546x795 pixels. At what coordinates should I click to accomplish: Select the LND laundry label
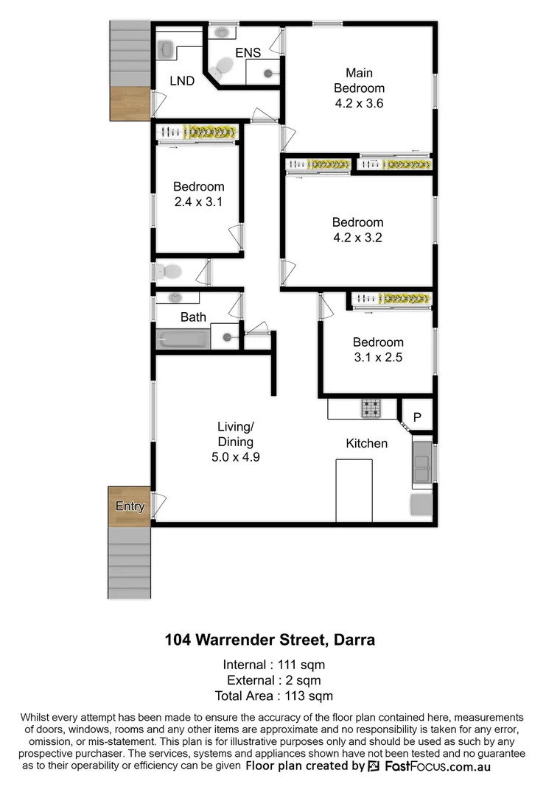(181, 81)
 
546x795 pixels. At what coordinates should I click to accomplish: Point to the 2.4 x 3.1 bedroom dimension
(198, 202)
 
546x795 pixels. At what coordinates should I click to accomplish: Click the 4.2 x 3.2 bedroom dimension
(357, 238)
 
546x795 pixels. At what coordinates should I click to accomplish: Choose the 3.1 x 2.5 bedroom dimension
(377, 358)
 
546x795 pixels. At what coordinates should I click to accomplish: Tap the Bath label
(193, 317)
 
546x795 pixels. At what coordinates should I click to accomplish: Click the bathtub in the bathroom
(183, 339)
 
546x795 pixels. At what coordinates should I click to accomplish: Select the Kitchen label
(366, 443)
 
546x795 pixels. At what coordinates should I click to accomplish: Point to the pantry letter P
(417, 417)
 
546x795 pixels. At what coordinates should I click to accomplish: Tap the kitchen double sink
(422, 463)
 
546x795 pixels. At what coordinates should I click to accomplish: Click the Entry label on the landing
(130, 506)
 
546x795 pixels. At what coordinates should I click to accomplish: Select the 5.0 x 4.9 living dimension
(235, 456)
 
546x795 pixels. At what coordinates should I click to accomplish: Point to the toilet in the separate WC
(169, 272)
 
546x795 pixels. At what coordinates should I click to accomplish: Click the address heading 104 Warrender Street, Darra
(270, 640)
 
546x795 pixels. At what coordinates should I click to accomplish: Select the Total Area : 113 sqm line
(273, 696)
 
